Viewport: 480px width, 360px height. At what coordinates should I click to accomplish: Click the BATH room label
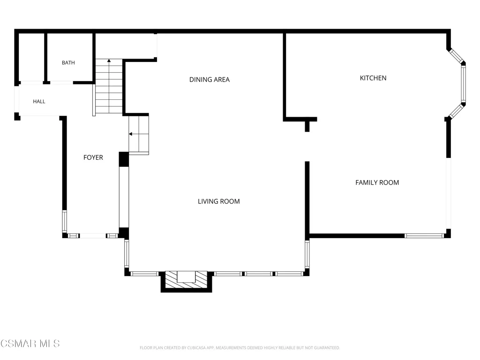(68, 63)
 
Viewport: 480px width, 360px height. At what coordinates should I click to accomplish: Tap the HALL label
(39, 101)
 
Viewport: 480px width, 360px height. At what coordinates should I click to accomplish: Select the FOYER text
(93, 157)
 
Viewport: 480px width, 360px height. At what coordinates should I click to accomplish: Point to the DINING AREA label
(210, 80)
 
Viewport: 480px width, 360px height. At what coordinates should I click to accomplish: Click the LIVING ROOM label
(218, 202)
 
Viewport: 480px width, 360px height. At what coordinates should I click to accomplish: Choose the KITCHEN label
(373, 78)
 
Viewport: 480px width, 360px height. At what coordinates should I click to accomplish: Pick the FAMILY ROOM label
(377, 182)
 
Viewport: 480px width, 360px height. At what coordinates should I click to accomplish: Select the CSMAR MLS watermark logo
(30, 344)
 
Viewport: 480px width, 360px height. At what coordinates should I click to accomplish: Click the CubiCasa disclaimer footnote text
(240, 348)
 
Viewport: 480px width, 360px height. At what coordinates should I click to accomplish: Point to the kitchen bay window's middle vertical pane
(464, 84)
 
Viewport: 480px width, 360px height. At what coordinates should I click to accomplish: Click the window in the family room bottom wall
(424, 236)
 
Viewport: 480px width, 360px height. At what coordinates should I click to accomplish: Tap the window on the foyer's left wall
(65, 221)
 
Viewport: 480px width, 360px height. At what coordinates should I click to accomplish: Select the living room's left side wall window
(127, 254)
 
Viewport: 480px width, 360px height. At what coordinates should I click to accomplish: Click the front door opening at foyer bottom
(93, 236)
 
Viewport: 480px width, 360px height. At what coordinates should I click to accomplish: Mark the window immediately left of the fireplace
(144, 274)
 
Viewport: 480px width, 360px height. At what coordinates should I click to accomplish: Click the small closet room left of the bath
(31, 57)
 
